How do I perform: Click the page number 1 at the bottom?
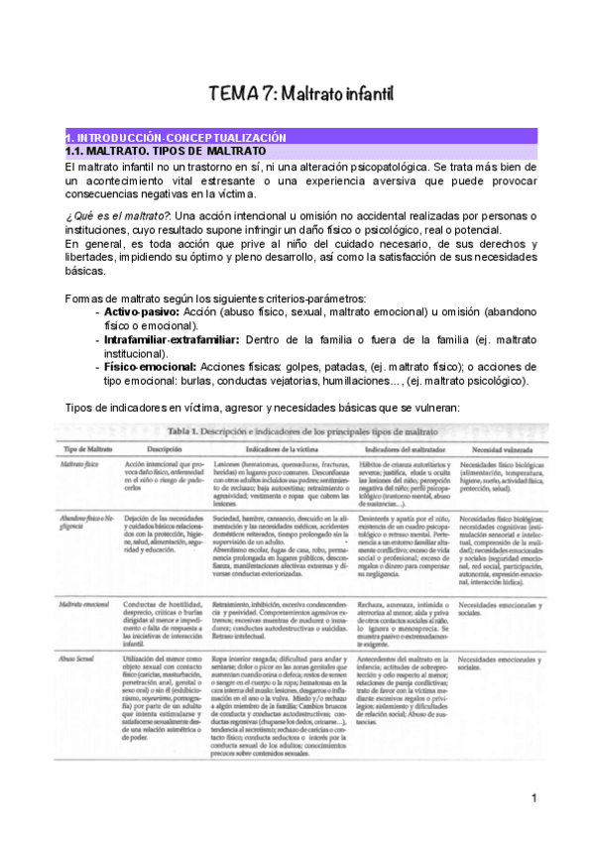(x=534, y=797)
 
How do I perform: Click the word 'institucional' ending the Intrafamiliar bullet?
(x=136, y=353)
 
